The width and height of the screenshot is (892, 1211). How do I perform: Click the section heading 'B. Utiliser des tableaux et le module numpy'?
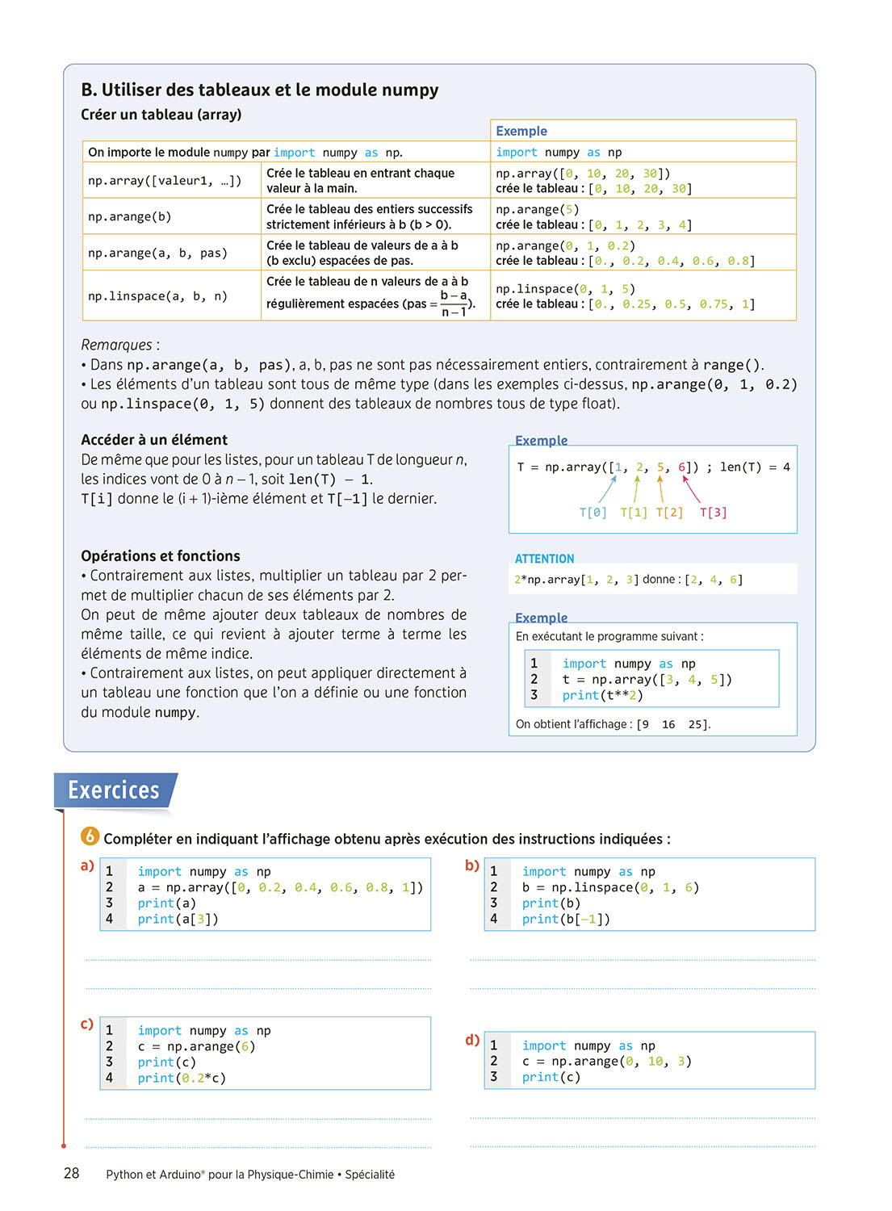pos(259,90)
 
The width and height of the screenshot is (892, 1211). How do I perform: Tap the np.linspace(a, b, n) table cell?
pos(157,296)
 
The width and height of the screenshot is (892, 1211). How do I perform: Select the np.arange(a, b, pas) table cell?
pos(157,253)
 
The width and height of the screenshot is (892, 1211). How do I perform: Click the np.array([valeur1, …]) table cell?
pos(165,181)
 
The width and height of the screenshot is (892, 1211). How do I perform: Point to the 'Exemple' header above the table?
pos(521,131)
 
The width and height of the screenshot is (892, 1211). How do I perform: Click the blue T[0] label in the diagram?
pos(593,513)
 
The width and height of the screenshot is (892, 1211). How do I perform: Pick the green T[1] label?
pos(634,513)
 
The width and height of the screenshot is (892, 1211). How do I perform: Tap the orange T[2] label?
pos(669,513)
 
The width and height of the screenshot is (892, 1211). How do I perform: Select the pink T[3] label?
pos(713,513)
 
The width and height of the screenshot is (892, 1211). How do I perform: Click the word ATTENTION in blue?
pos(544,559)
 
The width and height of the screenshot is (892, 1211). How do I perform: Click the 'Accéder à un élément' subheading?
pos(154,440)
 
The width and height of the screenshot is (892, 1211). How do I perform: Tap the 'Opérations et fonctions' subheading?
pos(161,556)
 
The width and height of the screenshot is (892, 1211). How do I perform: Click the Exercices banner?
pos(114,790)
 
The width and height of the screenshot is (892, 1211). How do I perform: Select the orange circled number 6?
pos(90,836)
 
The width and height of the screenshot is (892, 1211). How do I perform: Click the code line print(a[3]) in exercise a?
pos(178,919)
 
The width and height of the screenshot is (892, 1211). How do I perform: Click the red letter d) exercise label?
pos(472,1040)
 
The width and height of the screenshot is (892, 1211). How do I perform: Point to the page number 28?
pos(71,1173)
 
